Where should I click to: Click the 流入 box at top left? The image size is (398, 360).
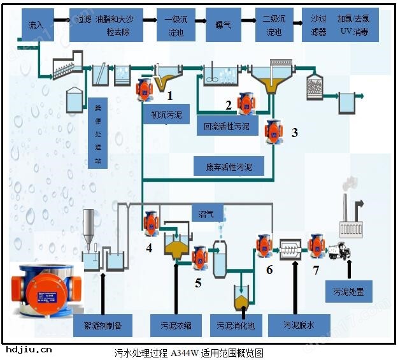pyautogui.click(x=36, y=25)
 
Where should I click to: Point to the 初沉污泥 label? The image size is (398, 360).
pyautogui.click(x=166, y=115)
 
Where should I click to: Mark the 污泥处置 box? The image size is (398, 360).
pyautogui.click(x=348, y=292)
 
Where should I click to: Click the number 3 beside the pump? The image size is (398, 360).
pyautogui.click(x=294, y=133)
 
